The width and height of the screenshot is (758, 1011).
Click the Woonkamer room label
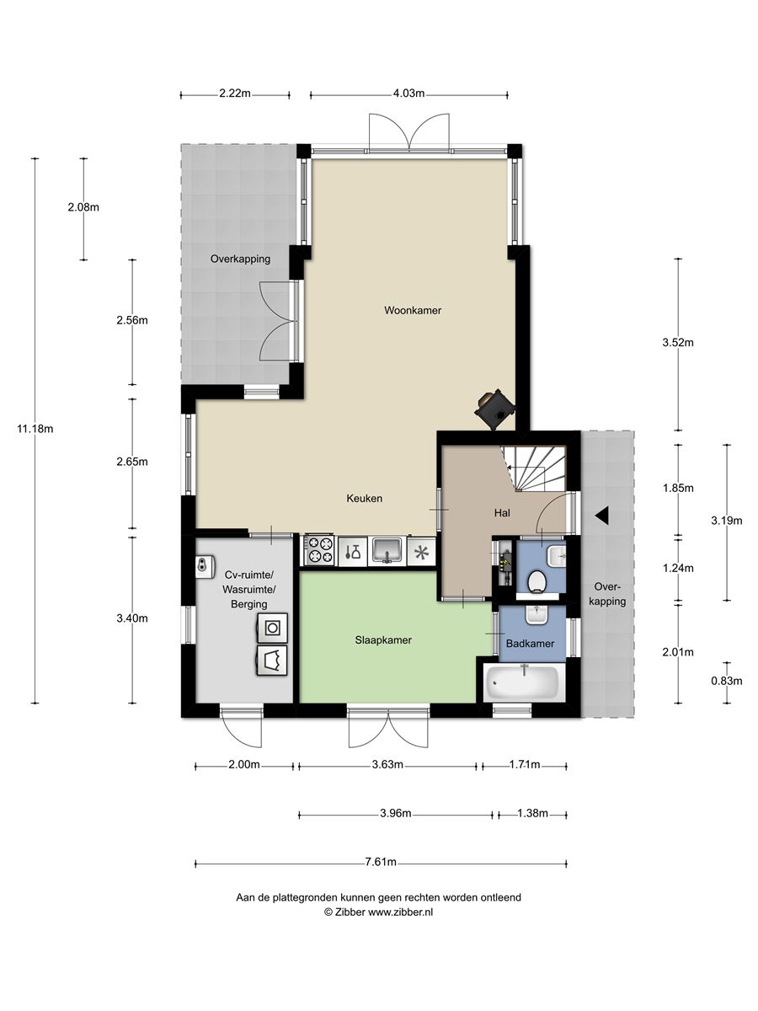coord(413,310)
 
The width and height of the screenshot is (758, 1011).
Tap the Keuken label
coord(364,499)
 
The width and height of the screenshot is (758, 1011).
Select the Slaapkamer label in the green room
coord(383,640)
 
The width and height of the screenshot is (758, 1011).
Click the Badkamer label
coord(530,644)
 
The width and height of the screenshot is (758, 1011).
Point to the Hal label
coord(502,512)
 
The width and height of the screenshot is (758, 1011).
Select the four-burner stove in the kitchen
coord(319,550)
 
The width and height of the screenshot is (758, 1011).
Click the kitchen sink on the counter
coord(387,551)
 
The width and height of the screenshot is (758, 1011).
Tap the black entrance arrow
coord(601,516)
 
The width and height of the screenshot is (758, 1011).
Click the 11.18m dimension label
coord(35,429)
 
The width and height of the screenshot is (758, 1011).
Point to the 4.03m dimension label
coord(408,94)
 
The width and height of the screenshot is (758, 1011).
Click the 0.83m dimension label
coord(726,681)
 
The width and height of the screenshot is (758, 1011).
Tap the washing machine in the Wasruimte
coord(272,628)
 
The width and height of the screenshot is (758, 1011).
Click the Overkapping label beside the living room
coord(240,259)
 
